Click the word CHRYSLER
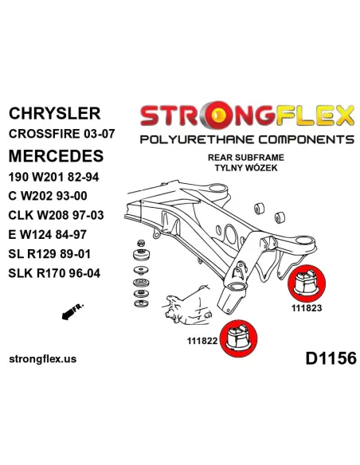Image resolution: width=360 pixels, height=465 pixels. coord(55,113)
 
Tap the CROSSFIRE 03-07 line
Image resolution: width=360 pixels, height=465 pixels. coord(61,134)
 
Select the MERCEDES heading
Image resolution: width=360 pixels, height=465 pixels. coord(56,156)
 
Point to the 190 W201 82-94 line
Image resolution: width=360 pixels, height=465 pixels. coord(53,178)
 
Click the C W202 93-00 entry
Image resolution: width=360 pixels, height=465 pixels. coord(48,196)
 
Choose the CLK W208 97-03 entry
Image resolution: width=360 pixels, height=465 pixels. coord(56,215)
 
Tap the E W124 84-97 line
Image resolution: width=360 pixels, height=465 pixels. coord(48,235)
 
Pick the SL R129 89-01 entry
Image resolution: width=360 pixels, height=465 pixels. coord(49,254)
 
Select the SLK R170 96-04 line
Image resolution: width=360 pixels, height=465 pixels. coord(55,273)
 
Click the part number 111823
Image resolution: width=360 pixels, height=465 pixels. coord(307,308)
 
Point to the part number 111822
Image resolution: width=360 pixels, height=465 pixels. coord(202,341)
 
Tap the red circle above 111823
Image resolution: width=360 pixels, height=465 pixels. coord(307,283)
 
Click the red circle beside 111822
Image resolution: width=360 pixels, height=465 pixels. coord(239,338)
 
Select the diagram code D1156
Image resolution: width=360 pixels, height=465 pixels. coord(331,358)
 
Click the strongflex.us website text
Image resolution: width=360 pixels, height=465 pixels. coord(43,359)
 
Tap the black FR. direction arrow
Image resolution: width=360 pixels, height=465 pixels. coord(72,311)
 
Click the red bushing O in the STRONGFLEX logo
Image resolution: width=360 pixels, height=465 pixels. coord(219,115)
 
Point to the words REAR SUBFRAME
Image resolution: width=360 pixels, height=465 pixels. coord(246,157)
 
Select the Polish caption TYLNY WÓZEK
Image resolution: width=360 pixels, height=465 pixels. coord(246,167)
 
